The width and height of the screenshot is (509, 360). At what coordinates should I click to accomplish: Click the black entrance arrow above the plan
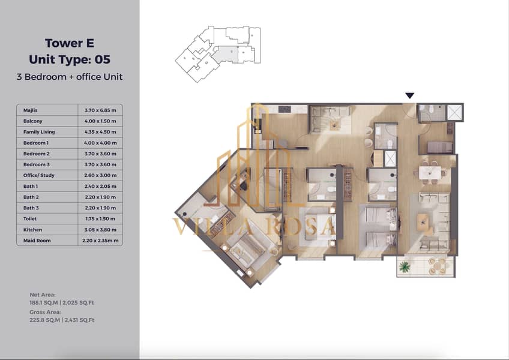click(410, 95)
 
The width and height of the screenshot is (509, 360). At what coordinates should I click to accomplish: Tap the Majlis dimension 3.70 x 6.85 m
click(100, 110)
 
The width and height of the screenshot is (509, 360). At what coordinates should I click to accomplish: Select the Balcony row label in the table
click(33, 121)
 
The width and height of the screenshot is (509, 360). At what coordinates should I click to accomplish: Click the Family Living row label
click(39, 132)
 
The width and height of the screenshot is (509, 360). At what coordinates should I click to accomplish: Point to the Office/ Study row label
click(38, 175)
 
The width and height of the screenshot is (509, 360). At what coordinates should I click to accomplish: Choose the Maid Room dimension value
click(100, 241)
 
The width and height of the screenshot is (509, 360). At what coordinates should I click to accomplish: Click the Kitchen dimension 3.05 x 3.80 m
click(100, 230)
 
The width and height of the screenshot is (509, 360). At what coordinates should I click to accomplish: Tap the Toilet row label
click(30, 219)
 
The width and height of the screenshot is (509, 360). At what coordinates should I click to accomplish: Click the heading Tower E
click(70, 43)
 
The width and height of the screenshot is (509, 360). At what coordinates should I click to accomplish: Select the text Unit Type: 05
click(70, 59)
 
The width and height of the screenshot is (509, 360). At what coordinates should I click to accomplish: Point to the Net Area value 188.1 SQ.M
click(43, 302)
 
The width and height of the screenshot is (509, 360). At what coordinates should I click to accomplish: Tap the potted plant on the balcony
click(404, 267)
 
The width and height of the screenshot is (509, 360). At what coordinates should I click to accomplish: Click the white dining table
click(430, 173)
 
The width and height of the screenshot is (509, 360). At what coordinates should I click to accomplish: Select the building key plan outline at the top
click(218, 54)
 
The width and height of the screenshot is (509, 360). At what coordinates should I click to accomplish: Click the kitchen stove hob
click(285, 109)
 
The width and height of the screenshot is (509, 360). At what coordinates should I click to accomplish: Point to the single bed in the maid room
click(439, 148)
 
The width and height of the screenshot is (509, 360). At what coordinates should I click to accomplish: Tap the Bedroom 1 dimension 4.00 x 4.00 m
click(100, 143)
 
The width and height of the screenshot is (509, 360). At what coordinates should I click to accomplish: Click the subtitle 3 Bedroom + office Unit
click(70, 77)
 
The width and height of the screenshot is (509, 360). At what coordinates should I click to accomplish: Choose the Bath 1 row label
click(31, 187)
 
